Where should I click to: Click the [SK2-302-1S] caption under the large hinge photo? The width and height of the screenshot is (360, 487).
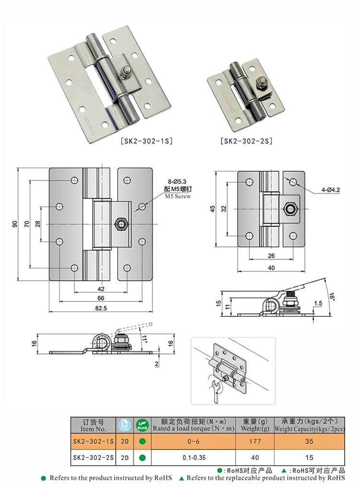tap(146, 142)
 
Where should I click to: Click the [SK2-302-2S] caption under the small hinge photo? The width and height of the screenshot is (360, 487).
tap(246, 142)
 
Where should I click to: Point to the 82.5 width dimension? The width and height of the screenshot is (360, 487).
tap(101, 308)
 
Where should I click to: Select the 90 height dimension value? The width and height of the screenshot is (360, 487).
tap(15, 224)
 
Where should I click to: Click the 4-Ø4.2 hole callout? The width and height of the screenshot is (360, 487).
tap(331, 190)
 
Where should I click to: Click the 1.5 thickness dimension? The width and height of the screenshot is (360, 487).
tap(318, 303)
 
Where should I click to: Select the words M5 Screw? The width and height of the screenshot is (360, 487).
tap(178, 197)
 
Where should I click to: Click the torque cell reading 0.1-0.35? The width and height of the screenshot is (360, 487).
tap(193, 458)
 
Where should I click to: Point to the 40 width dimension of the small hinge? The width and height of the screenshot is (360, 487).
tap(271, 268)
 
